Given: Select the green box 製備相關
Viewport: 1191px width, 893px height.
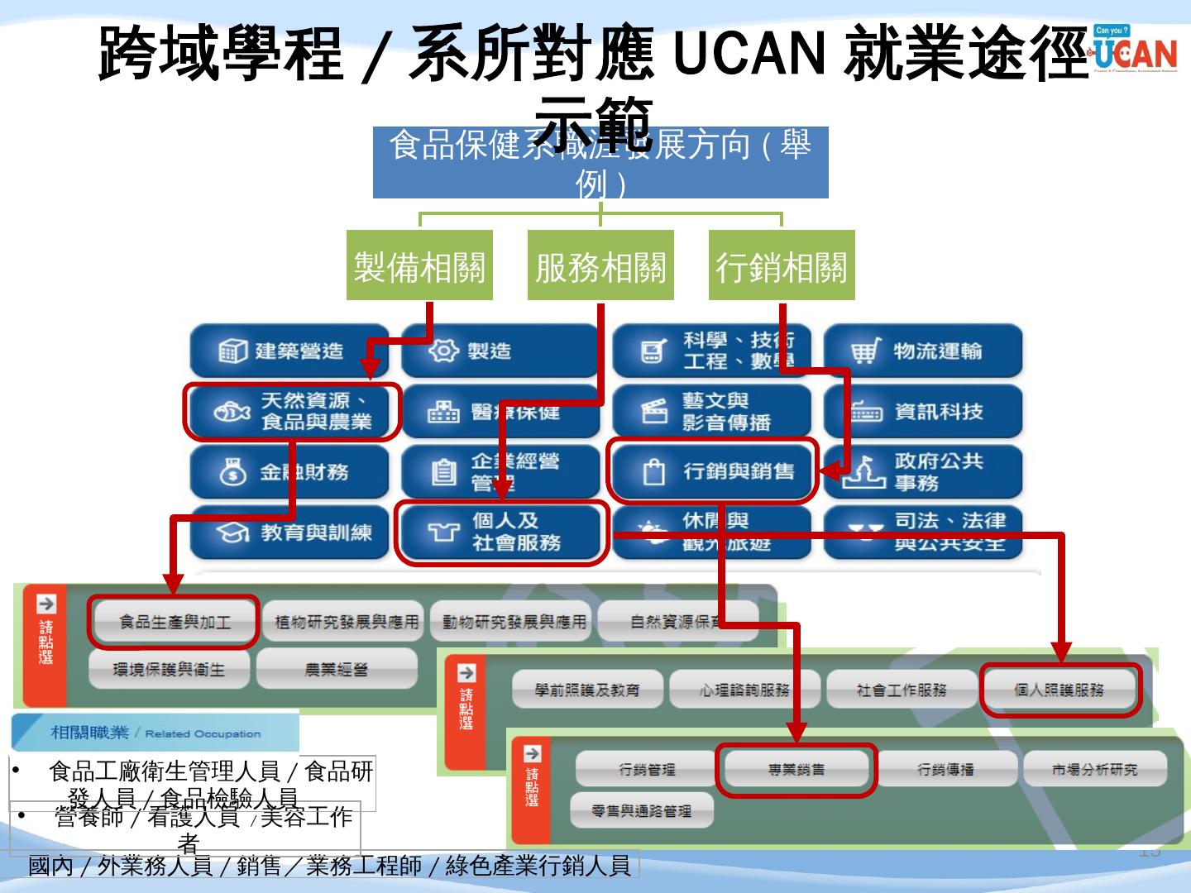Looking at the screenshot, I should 419,265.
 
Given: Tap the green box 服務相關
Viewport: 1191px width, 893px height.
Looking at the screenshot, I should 600,265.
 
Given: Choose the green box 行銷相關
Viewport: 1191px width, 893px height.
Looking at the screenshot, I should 782,265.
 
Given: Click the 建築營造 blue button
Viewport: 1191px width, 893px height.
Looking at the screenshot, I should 289,351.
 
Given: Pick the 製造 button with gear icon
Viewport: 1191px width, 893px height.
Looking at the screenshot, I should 500,351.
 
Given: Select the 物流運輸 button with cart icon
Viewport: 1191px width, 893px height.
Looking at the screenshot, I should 923,351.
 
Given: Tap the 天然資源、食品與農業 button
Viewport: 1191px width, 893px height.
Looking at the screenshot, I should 291,411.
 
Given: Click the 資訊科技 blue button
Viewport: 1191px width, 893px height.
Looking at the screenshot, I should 923,411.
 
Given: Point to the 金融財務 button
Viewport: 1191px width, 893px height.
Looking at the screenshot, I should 289,472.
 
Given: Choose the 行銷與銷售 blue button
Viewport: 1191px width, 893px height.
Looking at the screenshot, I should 712,471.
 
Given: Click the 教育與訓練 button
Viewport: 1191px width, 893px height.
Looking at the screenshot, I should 289,532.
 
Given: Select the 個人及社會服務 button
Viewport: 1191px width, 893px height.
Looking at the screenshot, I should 501,532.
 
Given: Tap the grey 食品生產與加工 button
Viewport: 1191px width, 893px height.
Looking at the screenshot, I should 174,621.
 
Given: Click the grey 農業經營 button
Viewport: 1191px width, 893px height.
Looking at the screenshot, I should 337,669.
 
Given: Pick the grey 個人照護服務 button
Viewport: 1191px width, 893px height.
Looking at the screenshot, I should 1059,689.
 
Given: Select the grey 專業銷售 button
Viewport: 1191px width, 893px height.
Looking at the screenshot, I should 796,770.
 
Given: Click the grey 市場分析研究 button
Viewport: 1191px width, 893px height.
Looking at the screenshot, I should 1094,770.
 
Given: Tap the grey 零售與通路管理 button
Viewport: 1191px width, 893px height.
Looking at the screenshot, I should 641,811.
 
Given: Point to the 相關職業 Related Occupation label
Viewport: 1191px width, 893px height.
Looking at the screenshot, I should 155,733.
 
